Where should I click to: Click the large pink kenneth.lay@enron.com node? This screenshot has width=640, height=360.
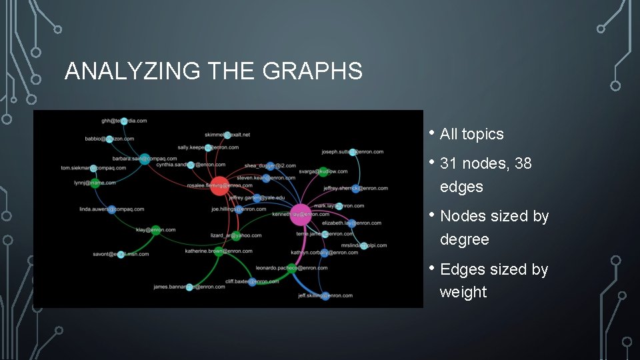pos(301,215)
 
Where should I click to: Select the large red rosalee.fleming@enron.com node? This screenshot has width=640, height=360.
pos(219,186)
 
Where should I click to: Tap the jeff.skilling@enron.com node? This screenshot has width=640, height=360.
pos(325,295)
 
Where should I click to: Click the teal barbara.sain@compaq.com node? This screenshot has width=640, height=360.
pos(144,159)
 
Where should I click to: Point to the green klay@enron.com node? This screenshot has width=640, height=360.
pos(155,230)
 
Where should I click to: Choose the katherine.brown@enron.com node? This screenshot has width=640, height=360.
pos(219,251)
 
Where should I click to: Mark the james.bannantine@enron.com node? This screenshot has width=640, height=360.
pos(189,287)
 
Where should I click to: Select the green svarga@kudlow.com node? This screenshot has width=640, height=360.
pos(323,171)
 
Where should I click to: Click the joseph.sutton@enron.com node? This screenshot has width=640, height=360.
pos(353,152)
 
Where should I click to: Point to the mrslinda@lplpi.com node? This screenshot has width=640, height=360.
pos(363,245)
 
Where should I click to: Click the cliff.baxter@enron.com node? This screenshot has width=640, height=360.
pos(253,282)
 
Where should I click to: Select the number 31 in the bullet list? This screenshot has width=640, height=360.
pos(449,163)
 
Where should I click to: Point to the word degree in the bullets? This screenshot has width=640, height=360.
pos(465,239)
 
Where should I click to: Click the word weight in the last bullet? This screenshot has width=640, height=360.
pos(463,292)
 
